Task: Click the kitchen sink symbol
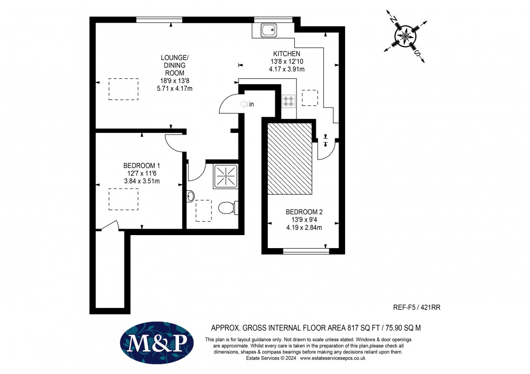click(x=269, y=30)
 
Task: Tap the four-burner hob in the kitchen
click(x=288, y=101)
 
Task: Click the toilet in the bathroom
click(x=227, y=208)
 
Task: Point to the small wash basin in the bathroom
click(x=190, y=196)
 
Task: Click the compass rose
click(x=405, y=35)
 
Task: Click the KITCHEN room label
click(x=287, y=54)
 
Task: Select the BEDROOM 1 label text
click(x=142, y=165)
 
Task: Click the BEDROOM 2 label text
click(x=303, y=212)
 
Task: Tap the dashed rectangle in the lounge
click(x=123, y=89)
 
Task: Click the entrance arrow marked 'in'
click(x=247, y=104)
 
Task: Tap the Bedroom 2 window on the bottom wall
click(x=306, y=250)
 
